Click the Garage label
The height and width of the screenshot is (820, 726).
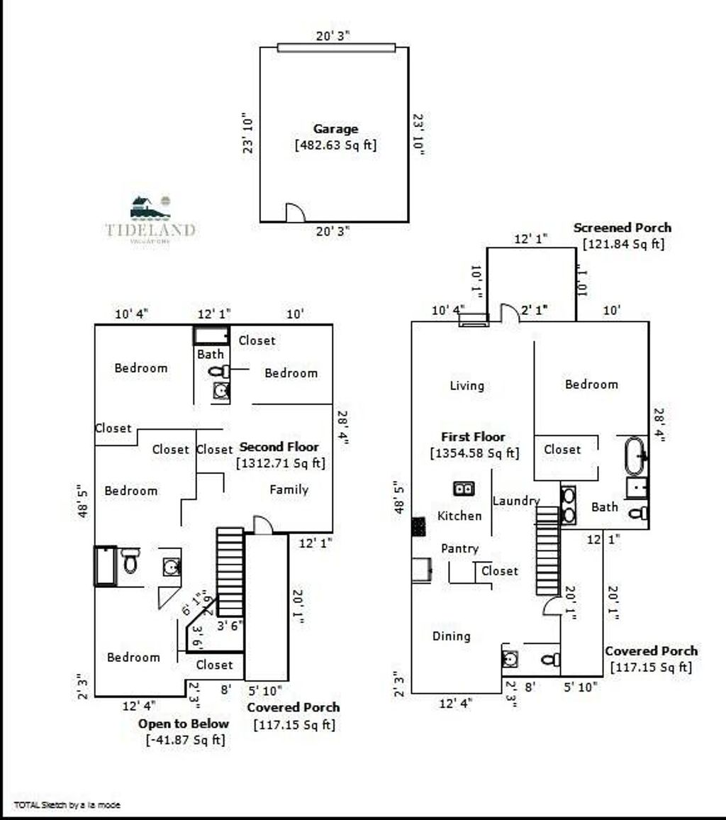click(x=335, y=129)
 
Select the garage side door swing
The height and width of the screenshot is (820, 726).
click(x=295, y=213)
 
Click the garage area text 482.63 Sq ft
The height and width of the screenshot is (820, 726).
click(x=335, y=145)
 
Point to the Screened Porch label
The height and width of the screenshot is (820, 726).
click(x=622, y=228)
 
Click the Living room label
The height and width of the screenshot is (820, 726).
click(x=467, y=386)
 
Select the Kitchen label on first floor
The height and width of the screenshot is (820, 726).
click(x=459, y=516)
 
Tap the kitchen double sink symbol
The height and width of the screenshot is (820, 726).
click(x=464, y=488)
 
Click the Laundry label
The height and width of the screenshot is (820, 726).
click(x=515, y=501)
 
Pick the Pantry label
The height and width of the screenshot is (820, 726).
click(x=459, y=548)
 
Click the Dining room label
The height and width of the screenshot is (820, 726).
click(x=451, y=636)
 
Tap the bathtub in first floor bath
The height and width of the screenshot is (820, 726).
click(x=635, y=455)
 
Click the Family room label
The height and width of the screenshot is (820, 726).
click(x=289, y=489)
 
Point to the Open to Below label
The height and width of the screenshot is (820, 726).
click(x=184, y=724)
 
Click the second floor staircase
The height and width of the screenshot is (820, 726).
click(x=230, y=571)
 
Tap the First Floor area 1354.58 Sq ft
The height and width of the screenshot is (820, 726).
click(x=474, y=453)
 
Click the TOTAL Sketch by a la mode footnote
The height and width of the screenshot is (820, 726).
click(x=67, y=805)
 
